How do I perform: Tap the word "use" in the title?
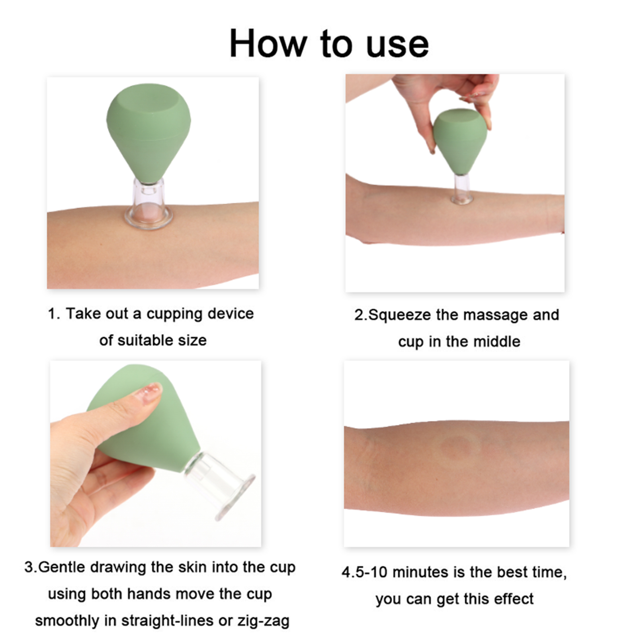click(x=397, y=46)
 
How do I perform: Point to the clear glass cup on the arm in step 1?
click(x=149, y=205)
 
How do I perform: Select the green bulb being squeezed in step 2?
click(x=460, y=141)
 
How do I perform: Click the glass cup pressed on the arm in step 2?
click(x=462, y=190)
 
